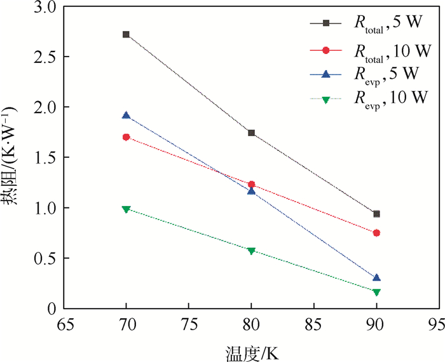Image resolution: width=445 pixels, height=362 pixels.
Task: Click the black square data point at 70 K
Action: tap(126, 34)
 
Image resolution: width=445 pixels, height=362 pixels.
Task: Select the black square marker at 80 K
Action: tap(251, 133)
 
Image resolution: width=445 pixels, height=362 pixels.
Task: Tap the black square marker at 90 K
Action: tap(376, 214)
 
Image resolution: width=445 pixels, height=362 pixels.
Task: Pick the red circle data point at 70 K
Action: tap(126, 137)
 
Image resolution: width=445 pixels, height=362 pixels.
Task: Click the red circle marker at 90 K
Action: tap(376, 233)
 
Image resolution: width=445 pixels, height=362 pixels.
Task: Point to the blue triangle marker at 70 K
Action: tap(126, 116)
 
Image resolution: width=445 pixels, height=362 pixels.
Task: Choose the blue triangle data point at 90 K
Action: tap(376, 278)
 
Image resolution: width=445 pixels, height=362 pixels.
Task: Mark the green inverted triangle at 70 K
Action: tap(126, 209)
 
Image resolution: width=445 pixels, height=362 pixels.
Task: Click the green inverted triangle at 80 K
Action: tap(251, 251)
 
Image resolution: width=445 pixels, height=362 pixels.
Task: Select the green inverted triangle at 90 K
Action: tap(376, 292)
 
